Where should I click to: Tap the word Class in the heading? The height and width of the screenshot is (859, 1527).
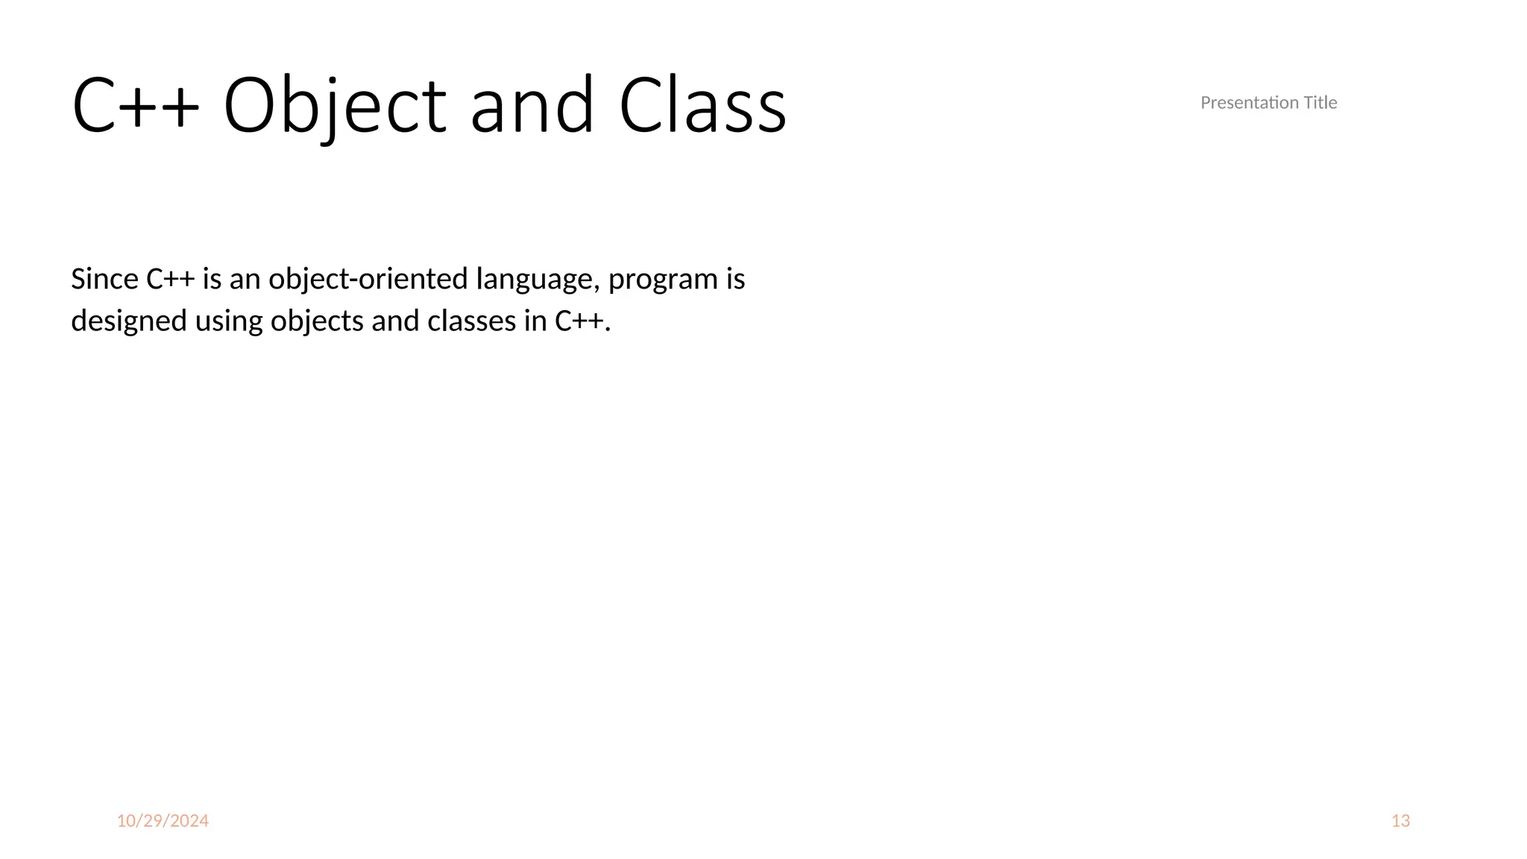pos(702,106)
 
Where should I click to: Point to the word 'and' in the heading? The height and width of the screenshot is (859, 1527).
pos(532,106)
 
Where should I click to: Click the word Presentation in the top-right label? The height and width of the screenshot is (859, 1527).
pos(1249,103)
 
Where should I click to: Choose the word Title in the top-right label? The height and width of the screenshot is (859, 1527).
pos(1320,103)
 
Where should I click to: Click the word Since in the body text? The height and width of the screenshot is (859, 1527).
pos(104,279)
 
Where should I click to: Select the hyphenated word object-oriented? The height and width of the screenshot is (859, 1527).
pos(368,279)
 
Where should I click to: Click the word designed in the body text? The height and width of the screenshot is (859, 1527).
pos(129,321)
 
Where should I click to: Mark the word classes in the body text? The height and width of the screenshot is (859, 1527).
pos(472,321)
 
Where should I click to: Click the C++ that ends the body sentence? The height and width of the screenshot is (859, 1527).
pos(579,321)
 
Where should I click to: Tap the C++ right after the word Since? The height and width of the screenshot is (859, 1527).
pos(170,279)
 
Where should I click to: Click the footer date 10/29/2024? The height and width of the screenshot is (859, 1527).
pos(163,821)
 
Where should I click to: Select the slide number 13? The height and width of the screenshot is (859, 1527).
pos(1400,821)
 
